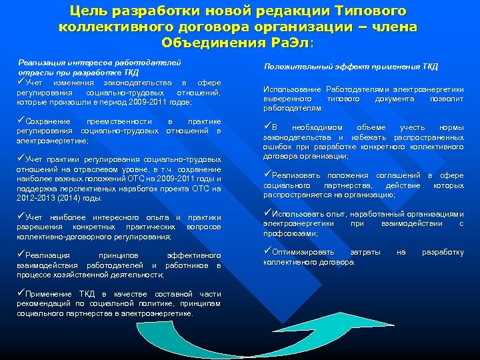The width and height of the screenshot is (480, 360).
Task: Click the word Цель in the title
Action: (x=89, y=11)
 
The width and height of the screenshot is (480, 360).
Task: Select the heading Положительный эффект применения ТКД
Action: (x=351, y=66)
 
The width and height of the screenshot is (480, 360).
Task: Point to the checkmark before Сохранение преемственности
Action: (x=21, y=121)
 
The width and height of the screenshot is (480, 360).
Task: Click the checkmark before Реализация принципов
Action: (x=21, y=255)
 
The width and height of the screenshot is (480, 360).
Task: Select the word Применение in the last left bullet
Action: (x=48, y=294)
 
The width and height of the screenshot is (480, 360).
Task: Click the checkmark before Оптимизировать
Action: (x=268, y=252)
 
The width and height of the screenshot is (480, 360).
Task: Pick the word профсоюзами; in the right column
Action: (x=285, y=233)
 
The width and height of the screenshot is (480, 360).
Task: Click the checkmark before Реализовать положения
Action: (x=268, y=175)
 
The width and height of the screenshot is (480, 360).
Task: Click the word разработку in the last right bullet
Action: (x=443, y=253)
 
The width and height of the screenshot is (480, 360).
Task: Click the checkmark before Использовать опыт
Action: (x=268, y=214)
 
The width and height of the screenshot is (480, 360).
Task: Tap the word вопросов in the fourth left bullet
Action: (x=205, y=227)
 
